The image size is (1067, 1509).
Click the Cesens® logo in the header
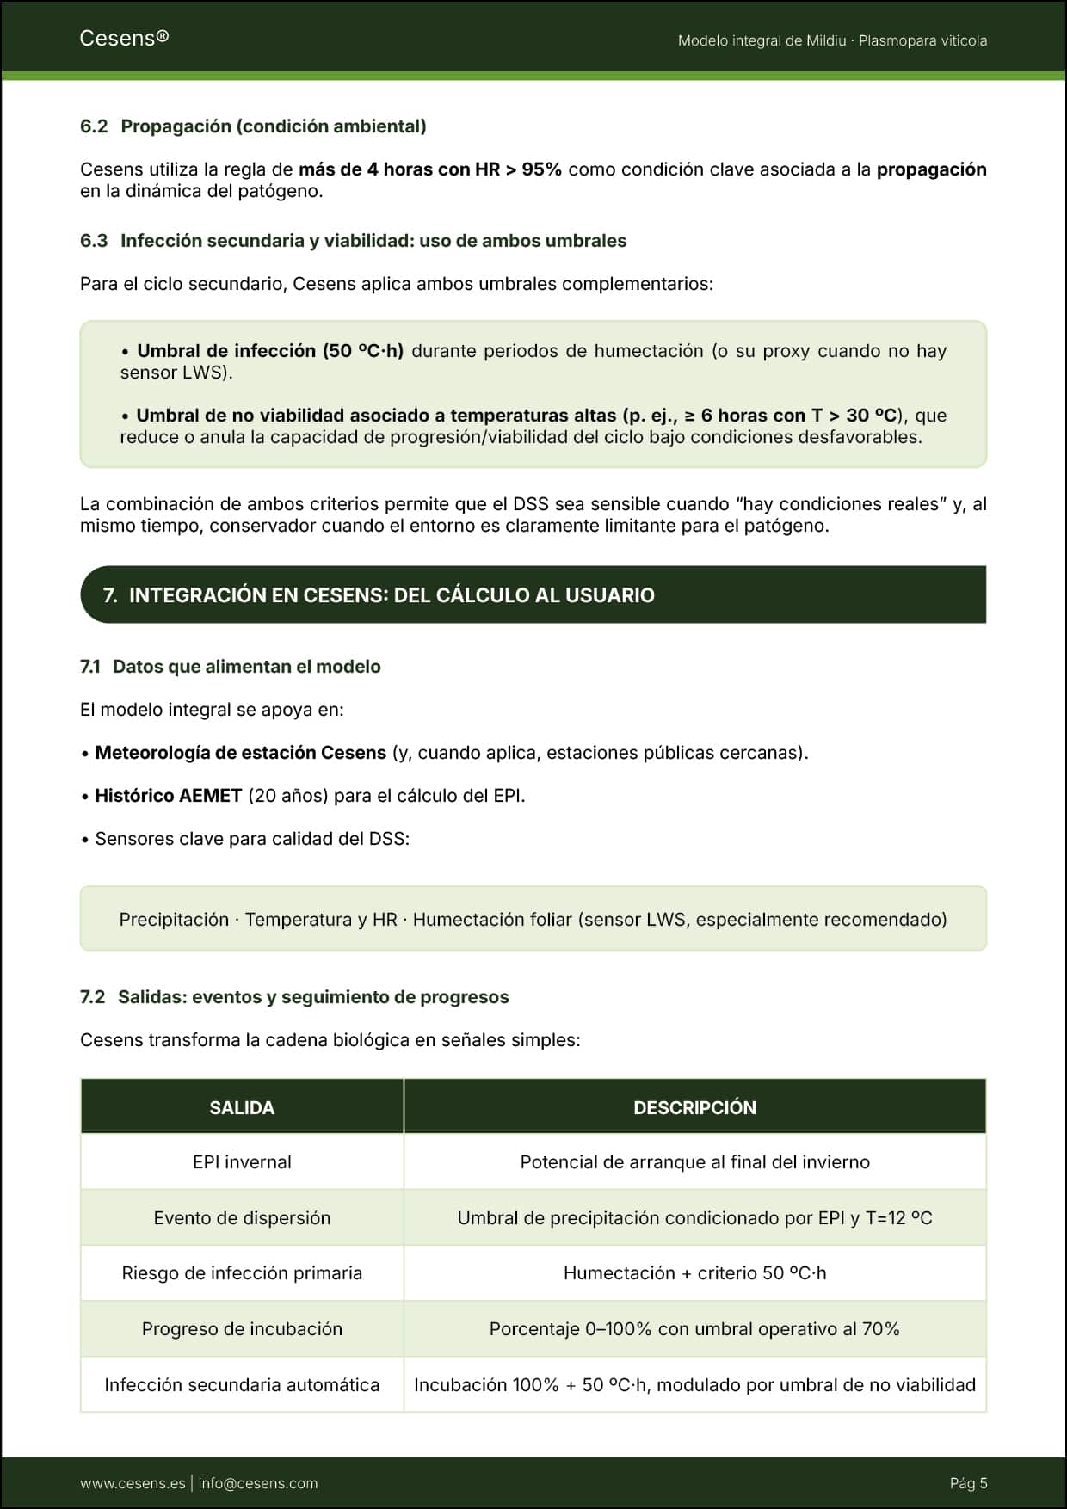124,38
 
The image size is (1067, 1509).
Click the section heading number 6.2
94,126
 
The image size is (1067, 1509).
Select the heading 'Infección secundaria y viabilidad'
373,241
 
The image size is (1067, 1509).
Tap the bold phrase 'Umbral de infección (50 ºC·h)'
270,351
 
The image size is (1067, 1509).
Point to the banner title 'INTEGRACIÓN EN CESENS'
392,595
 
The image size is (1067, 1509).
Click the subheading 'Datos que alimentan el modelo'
246,667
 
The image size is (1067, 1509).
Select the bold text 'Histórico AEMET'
169,796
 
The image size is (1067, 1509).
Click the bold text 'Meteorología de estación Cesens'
240,753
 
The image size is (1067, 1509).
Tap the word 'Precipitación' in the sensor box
174,920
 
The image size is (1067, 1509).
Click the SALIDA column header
242,1107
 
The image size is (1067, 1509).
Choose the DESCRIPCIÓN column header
694,1107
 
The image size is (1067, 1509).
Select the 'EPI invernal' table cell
242,1162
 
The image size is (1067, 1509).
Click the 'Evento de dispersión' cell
242,1218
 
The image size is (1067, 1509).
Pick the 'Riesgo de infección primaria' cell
242,1273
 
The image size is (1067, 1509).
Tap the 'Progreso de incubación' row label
242,1329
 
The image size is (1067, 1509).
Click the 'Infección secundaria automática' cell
242,1385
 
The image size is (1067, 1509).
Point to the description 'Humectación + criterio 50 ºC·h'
694,1273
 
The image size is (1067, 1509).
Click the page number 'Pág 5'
968,1483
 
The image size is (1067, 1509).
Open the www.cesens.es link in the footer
133,1483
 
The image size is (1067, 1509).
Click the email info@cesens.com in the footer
258,1483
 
